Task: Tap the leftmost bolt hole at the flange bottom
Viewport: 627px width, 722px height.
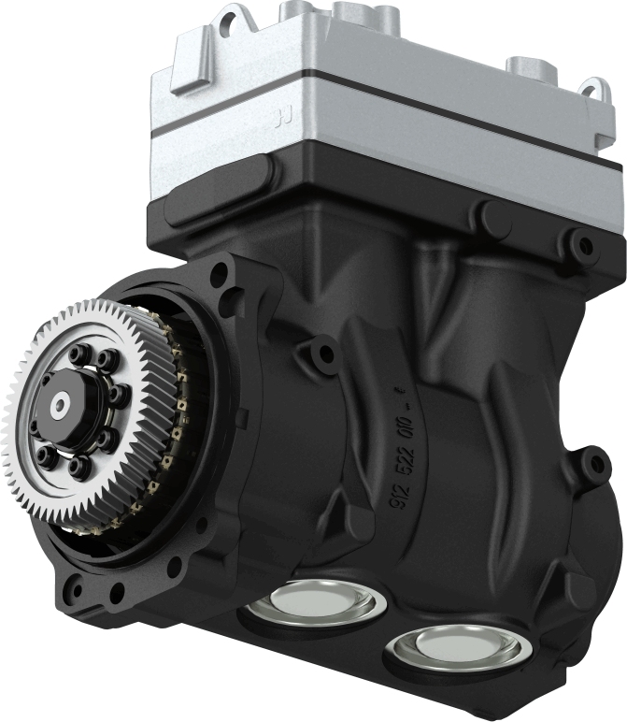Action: click(x=75, y=591)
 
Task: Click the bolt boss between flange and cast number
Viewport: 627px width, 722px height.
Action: click(x=324, y=355)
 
